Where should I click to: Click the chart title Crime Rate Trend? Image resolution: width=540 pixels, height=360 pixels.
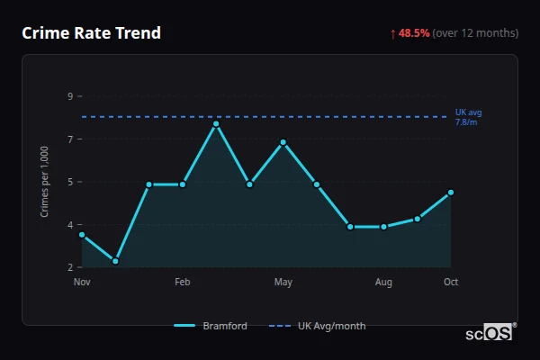click(x=91, y=33)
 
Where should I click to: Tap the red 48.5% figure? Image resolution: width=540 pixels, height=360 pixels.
click(x=414, y=33)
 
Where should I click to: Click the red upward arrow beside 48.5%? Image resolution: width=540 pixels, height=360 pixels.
click(x=392, y=33)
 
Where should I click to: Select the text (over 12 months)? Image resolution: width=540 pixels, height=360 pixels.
click(x=475, y=33)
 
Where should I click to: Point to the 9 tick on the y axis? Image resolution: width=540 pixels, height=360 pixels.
click(x=70, y=96)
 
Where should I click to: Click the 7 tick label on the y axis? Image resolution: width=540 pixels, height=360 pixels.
click(x=70, y=139)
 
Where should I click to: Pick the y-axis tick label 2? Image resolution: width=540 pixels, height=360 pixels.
click(x=70, y=267)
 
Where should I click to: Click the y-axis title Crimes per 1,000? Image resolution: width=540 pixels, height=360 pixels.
click(x=44, y=182)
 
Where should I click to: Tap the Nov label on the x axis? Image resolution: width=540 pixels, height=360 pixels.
click(x=82, y=283)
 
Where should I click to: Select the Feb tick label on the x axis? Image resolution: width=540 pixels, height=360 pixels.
click(x=183, y=283)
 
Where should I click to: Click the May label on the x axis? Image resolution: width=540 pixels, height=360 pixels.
click(x=283, y=283)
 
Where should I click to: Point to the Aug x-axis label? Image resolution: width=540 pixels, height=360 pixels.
click(x=383, y=283)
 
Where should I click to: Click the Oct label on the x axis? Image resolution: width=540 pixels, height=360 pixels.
click(x=451, y=283)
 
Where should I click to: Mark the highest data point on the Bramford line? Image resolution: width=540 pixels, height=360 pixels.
click(x=216, y=124)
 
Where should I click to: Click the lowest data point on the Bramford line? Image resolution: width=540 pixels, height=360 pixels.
click(x=115, y=261)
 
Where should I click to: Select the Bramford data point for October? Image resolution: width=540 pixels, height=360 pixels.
click(x=451, y=193)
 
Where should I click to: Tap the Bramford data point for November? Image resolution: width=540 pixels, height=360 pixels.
click(x=82, y=235)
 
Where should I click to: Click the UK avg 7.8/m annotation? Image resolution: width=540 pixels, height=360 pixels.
click(x=469, y=116)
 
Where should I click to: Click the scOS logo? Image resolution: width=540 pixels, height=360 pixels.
click(x=489, y=333)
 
